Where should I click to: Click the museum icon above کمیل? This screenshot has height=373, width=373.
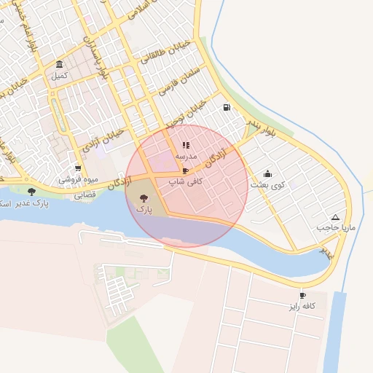tap(58, 64)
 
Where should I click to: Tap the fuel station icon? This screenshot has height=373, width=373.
tap(227, 108)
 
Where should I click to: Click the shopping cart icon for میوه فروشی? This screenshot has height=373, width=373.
tap(78, 168)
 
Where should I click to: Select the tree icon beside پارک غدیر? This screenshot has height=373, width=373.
tap(31, 192)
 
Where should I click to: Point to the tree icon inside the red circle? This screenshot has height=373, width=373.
tap(143, 197)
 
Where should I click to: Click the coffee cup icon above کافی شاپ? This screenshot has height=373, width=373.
tap(185, 171)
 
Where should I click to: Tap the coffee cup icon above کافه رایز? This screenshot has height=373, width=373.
tap(302, 296)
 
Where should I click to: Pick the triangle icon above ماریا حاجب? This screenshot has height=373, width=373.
tap(335, 217)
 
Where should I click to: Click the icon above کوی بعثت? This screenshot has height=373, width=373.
tap(267, 174)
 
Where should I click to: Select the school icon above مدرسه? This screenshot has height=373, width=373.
tap(185, 145)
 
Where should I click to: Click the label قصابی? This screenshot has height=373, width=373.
tap(85, 195)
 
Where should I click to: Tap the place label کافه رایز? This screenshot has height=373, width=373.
tap(302, 307)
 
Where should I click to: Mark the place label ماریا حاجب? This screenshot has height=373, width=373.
tap(335, 228)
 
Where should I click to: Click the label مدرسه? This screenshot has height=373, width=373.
tap(186, 156)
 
